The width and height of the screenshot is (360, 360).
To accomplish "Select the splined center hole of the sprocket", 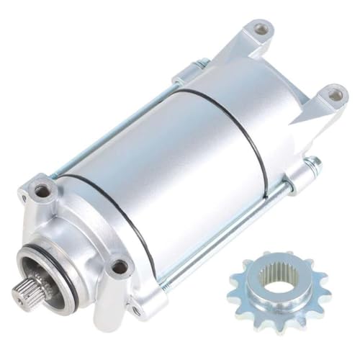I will click(x=277, y=276).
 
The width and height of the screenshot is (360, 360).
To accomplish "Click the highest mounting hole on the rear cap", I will click(x=261, y=30).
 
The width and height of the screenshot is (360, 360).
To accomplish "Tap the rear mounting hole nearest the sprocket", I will click(x=333, y=93).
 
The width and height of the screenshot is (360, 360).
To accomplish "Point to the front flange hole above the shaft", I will click(x=43, y=191).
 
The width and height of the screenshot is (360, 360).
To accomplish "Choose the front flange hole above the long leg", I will click(x=119, y=267).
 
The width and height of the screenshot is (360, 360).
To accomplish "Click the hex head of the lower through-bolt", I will click(x=313, y=164).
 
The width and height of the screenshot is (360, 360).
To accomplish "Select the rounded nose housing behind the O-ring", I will click(x=65, y=238).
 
